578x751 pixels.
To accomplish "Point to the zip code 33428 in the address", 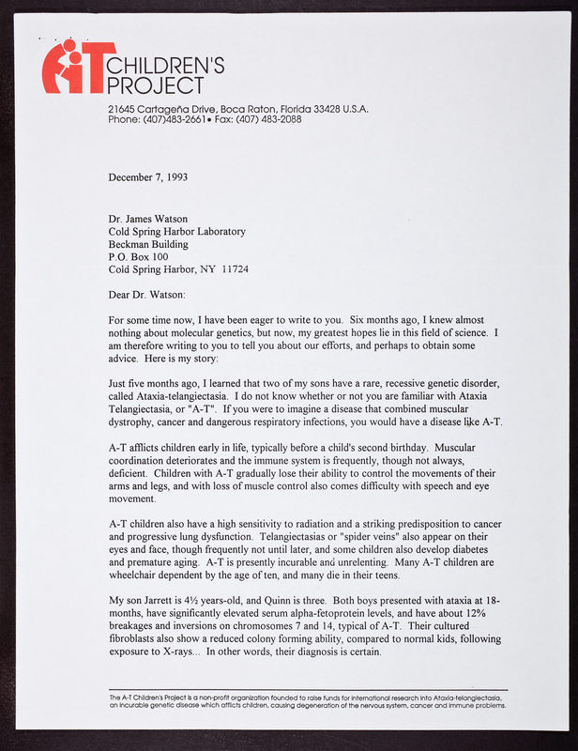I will point(324,109).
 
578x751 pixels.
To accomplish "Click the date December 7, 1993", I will point(148,176).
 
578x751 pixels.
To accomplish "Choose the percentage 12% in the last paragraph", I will point(491,613).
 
